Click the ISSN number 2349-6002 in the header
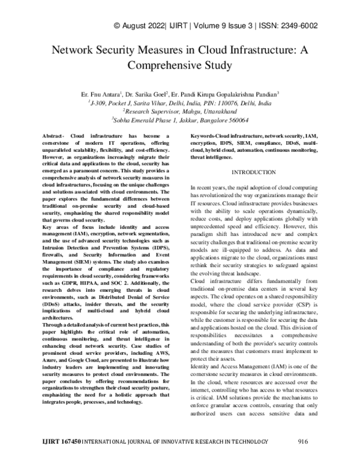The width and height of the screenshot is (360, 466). (x=298, y=26)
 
